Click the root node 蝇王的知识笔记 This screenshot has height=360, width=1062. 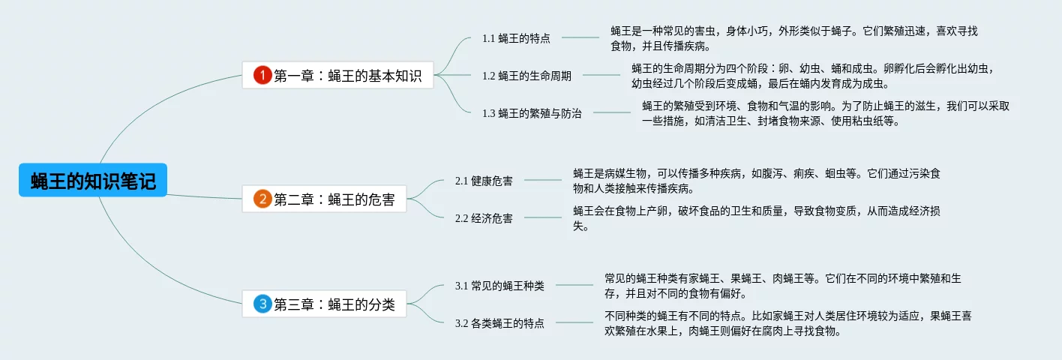[x=93, y=181]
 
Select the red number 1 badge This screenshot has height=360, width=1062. [x=262, y=75]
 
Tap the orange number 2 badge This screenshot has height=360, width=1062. [x=262, y=199]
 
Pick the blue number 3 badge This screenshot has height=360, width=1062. [x=262, y=304]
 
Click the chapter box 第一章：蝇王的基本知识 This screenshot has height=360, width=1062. [x=337, y=75]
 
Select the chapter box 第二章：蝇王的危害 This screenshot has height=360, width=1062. [x=324, y=199]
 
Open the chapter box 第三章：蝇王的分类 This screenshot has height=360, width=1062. [x=324, y=304]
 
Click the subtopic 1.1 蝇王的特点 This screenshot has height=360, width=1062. [x=516, y=38]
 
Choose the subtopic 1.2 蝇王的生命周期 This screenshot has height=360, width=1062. [x=526, y=76]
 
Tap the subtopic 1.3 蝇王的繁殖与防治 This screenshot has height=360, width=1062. [x=532, y=114]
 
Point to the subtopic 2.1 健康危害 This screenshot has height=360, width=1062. [x=484, y=181]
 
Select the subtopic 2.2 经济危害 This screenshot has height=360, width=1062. [x=484, y=218]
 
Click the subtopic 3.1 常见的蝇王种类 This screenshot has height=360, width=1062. [x=499, y=286]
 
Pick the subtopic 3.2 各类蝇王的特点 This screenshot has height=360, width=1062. [x=499, y=323]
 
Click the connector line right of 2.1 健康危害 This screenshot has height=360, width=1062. [x=544, y=180]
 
